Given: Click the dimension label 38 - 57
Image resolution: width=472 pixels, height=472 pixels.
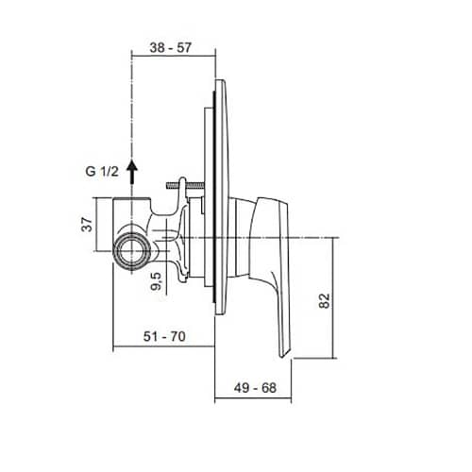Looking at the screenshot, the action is click(x=171, y=47).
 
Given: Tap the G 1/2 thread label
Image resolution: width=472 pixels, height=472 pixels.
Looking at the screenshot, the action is click(x=102, y=172).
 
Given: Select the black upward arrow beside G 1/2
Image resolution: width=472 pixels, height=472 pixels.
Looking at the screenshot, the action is click(x=132, y=172).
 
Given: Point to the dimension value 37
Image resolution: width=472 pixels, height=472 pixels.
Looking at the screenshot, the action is click(x=87, y=225).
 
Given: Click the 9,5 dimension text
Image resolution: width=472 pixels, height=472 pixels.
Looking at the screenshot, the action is click(x=156, y=281).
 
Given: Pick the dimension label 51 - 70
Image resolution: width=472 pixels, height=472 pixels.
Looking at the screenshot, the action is click(x=164, y=336).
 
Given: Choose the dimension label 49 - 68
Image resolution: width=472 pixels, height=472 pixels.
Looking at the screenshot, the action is click(x=255, y=388).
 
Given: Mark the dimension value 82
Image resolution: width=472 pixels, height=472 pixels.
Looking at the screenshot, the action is click(x=325, y=300).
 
